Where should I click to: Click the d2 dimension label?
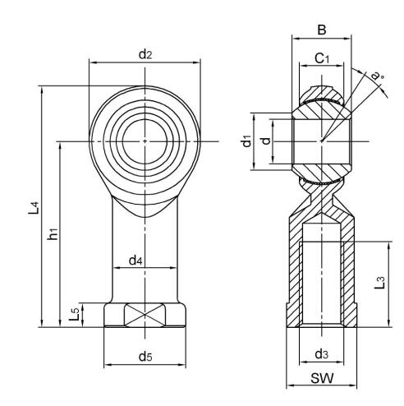[x=145, y=55]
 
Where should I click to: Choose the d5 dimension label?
[x=145, y=356]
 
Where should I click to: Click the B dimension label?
[x=322, y=30]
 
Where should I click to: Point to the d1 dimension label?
[x=246, y=141]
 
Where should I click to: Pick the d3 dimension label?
[x=323, y=354]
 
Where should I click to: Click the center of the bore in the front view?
[x=145, y=141]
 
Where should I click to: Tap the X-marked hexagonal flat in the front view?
[x=145, y=316]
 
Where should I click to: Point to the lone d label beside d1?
[x=264, y=141]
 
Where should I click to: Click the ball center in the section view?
[x=323, y=141]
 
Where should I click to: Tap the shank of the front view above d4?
[x=145, y=230]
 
